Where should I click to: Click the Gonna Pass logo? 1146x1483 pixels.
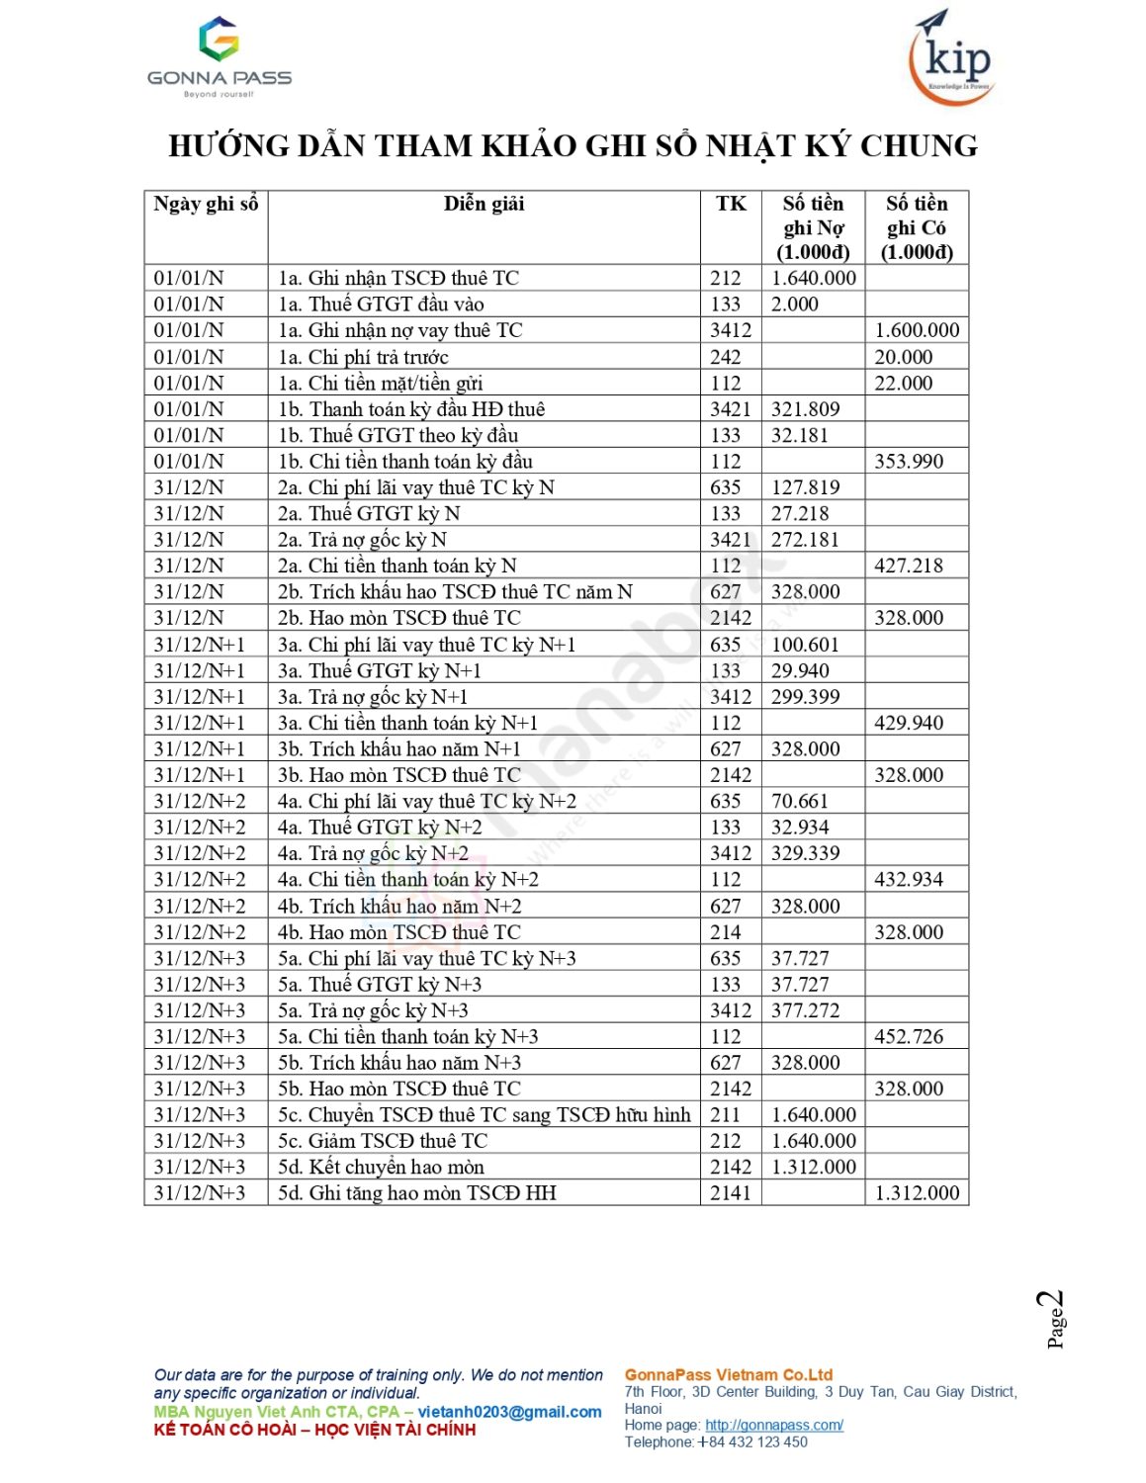tap(219, 56)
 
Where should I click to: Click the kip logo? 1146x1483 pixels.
tap(951, 57)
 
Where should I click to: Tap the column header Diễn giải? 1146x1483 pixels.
tap(484, 204)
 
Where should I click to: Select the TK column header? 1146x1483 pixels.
tap(731, 204)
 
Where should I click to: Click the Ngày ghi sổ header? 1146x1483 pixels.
tap(206, 204)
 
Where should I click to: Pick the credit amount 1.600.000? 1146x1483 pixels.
tap(916, 330)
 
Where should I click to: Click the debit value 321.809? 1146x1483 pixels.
tap(805, 409)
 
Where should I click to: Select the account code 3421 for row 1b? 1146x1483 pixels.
tap(730, 409)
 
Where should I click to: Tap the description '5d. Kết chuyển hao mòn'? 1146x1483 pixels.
tap(381, 1168)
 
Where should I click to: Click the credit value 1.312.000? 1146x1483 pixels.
tap(916, 1193)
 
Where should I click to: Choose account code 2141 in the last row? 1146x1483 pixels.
tap(730, 1193)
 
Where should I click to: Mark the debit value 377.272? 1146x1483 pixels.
tap(805, 1010)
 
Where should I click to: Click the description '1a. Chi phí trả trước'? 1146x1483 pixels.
tap(363, 357)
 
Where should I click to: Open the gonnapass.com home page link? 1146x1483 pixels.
tap(773, 1425)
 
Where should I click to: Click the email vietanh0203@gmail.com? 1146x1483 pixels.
tap(509, 1412)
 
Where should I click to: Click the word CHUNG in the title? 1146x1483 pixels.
tap(918, 146)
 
